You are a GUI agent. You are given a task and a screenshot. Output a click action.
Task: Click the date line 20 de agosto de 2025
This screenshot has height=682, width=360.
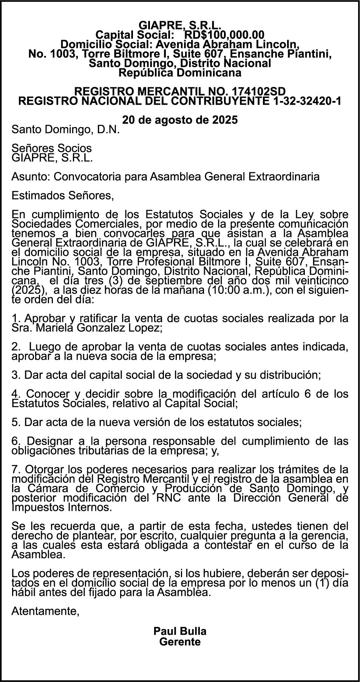pyautogui.click(x=180, y=120)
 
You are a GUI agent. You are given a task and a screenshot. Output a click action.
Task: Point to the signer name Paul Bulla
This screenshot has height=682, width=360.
pyautogui.click(x=180, y=631)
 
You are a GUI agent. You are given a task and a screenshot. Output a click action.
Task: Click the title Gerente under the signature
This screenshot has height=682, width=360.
pyautogui.click(x=180, y=641)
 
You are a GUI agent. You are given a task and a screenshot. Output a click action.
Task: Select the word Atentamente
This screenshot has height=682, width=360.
pyautogui.click(x=45, y=611)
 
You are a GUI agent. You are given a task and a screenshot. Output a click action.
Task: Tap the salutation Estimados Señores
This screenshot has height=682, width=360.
pyautogui.click(x=62, y=196)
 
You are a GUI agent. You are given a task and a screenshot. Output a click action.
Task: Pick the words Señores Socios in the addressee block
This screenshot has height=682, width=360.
pyautogui.click(x=52, y=148)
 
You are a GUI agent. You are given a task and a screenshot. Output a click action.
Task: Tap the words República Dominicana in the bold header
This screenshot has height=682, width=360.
pyautogui.click(x=180, y=73)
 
